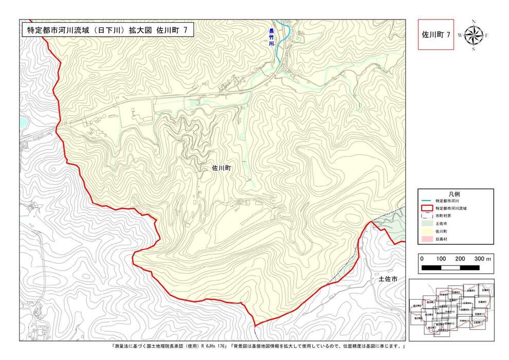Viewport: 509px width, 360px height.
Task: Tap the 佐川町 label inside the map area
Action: tap(223, 168)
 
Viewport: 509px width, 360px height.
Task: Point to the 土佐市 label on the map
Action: tap(388, 279)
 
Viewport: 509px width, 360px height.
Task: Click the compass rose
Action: tap(474, 35)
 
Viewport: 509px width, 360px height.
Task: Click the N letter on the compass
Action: tap(474, 22)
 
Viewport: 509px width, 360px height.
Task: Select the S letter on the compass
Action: tap(474, 49)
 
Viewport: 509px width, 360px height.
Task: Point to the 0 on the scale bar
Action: tap(422, 259)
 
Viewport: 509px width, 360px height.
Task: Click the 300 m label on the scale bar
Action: tap(483, 259)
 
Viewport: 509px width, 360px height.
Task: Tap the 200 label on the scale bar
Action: tap(460, 259)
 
